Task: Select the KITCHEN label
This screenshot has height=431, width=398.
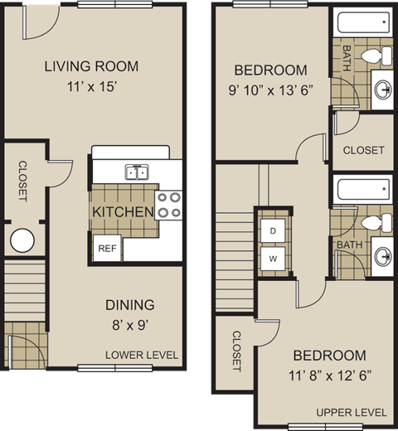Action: click(x=123, y=212)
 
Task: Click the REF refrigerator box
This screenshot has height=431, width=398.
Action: click(x=106, y=248)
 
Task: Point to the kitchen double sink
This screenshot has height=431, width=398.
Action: click(x=137, y=172)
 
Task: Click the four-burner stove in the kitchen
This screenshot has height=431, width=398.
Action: click(x=168, y=205)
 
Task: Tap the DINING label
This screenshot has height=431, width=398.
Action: click(x=129, y=305)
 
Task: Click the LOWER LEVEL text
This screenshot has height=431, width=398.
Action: click(x=142, y=356)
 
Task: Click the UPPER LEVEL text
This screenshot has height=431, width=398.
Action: click(x=351, y=412)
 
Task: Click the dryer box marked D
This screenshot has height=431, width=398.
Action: click(x=271, y=230)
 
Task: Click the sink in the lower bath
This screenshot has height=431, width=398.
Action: click(x=382, y=257)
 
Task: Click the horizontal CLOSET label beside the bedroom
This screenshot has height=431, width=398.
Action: click(x=363, y=150)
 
